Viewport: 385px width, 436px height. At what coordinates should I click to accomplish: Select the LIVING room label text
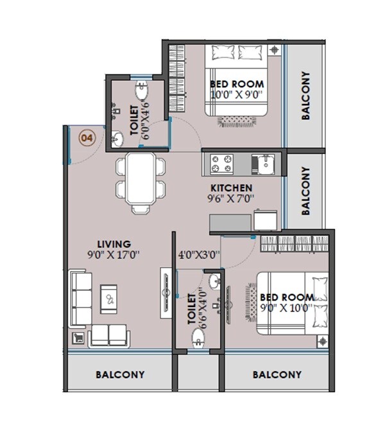tap(114, 244)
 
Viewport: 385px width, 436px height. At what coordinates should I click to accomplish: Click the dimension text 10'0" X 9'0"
tap(237, 94)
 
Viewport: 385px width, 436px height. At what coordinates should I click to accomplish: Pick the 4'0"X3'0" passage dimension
tap(199, 254)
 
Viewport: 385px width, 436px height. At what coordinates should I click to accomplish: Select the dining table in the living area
tap(141, 182)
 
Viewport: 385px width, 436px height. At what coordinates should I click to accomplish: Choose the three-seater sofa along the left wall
tap(81, 298)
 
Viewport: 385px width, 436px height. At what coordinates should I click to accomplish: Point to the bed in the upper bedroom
tap(236, 80)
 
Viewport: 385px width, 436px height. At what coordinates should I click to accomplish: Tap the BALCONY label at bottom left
tap(120, 374)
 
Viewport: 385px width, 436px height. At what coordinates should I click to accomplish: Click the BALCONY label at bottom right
tap(277, 374)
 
